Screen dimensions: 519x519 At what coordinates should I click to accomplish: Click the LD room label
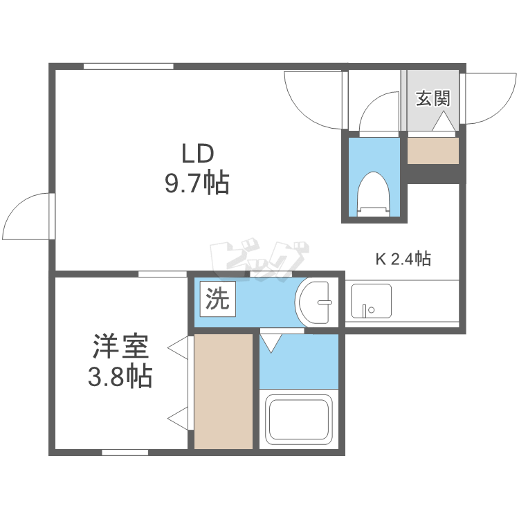click(199, 152)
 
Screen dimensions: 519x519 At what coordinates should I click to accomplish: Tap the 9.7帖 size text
click(197, 183)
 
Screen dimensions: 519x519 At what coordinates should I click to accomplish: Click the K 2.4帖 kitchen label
click(403, 259)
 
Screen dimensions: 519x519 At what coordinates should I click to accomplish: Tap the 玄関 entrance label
click(432, 98)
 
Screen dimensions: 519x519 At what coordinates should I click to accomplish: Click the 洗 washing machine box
click(217, 299)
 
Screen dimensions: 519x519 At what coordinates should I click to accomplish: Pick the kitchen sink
click(370, 301)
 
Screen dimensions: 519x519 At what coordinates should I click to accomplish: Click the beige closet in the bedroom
click(223, 391)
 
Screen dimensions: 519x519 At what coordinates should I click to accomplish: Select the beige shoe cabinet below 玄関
click(433, 151)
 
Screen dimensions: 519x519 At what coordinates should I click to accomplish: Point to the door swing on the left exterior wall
click(28, 216)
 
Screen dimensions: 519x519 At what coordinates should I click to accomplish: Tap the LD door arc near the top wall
click(315, 100)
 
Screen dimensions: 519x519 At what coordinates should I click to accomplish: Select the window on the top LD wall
click(128, 66)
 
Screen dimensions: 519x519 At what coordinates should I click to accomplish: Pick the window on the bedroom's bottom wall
click(125, 453)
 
